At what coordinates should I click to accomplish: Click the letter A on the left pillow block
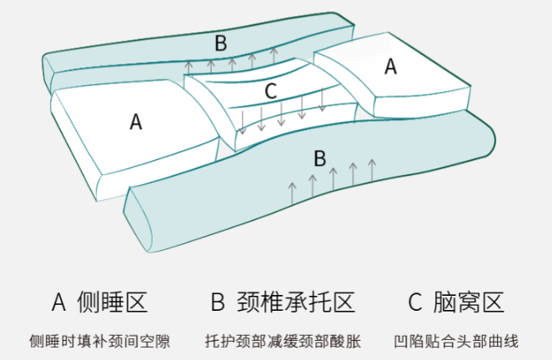(x=136, y=122)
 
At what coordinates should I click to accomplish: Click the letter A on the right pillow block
(x=390, y=67)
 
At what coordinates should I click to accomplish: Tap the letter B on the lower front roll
(x=319, y=157)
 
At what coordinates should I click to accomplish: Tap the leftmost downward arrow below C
(x=242, y=123)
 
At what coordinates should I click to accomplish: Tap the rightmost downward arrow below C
(x=322, y=100)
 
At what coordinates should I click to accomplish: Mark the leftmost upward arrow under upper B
(x=189, y=68)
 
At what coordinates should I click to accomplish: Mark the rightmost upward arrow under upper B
(x=273, y=55)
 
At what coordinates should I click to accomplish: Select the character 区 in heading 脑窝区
(x=493, y=302)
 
